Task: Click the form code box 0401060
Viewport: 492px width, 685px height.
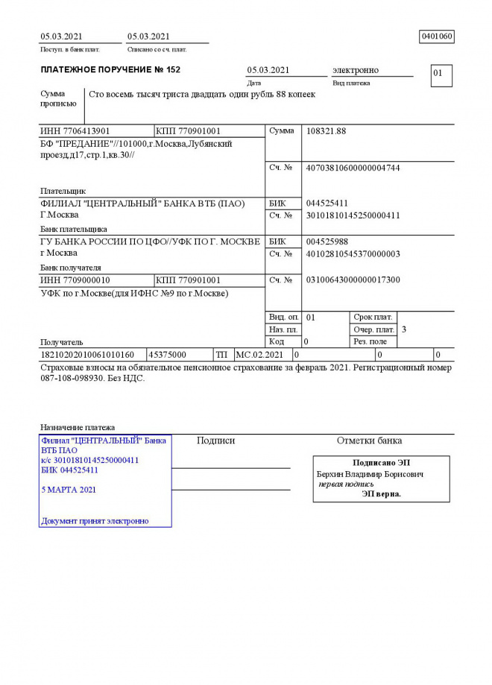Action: [x=437, y=37]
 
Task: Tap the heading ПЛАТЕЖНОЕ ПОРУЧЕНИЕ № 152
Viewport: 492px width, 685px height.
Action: [x=110, y=70]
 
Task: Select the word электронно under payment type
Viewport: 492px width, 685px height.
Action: [x=355, y=70]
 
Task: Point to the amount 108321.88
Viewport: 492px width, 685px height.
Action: [x=326, y=131]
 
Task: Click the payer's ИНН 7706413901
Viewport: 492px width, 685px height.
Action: [x=75, y=131]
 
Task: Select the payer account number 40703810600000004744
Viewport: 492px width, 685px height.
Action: [x=353, y=168]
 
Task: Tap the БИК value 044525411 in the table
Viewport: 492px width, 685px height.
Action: [x=327, y=203]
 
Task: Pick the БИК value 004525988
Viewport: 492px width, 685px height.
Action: [x=327, y=242]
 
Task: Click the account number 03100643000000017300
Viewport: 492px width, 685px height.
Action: [x=353, y=280]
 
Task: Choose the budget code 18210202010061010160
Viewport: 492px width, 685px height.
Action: [x=87, y=355]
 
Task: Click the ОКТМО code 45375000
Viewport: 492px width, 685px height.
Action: [x=168, y=355]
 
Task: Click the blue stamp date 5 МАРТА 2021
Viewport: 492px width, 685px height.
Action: [x=69, y=490]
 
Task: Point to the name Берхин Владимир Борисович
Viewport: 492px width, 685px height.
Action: [x=370, y=474]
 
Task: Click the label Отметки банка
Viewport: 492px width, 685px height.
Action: [x=369, y=441]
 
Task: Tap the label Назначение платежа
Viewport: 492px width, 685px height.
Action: [x=78, y=428]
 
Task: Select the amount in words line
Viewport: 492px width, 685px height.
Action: [x=202, y=95]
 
